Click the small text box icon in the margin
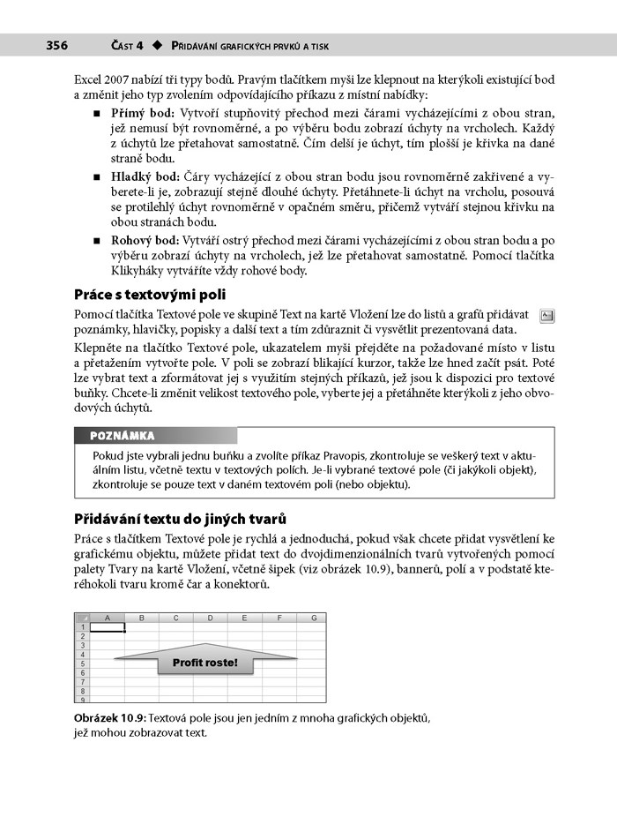pos(546,314)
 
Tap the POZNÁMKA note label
pos(123,436)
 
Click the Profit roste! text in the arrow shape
pos(204,662)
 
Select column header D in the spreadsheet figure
pos(211,618)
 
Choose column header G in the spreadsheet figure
pos(312,618)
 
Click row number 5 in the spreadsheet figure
pos(82,663)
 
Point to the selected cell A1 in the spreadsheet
pos(108,627)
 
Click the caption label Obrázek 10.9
pos(110,717)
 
